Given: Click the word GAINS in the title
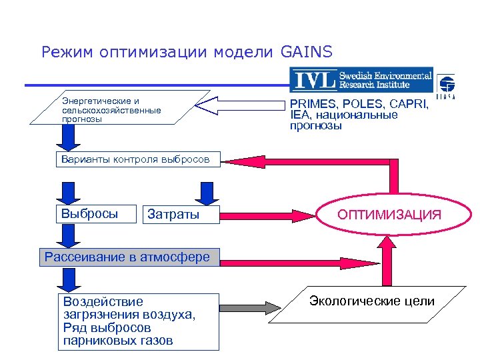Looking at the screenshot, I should (306, 51).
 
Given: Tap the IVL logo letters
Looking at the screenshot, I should (313, 81).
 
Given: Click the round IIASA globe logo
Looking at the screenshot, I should (446, 85).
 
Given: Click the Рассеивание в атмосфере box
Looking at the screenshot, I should (129, 257).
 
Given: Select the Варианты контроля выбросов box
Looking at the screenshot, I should (136, 159).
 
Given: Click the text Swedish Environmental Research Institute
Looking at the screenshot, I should (385, 80).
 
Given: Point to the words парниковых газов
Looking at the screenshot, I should (117, 341).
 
